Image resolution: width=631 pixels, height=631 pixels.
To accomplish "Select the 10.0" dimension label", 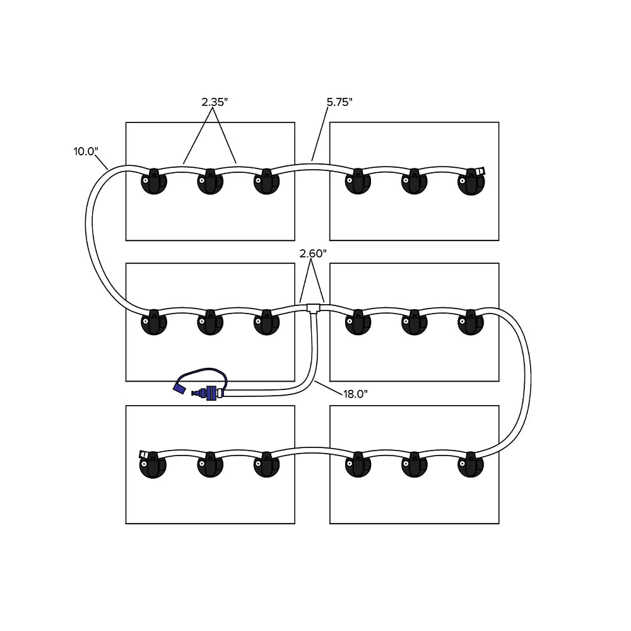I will [x=86, y=151].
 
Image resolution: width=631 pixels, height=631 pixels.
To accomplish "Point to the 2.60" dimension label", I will [x=312, y=254].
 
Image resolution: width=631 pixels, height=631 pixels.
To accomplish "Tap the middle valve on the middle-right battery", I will [x=415, y=322].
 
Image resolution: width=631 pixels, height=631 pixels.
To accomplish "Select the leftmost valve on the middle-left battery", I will [x=154, y=322].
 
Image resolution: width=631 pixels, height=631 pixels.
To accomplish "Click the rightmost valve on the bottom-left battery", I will [x=266, y=464].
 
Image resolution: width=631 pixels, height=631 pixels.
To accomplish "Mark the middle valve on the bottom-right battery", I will [x=415, y=464].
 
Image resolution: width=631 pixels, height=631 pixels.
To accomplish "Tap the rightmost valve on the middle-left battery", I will [x=266, y=322].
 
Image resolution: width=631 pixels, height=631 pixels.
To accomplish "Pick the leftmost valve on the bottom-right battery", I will [x=358, y=464].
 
